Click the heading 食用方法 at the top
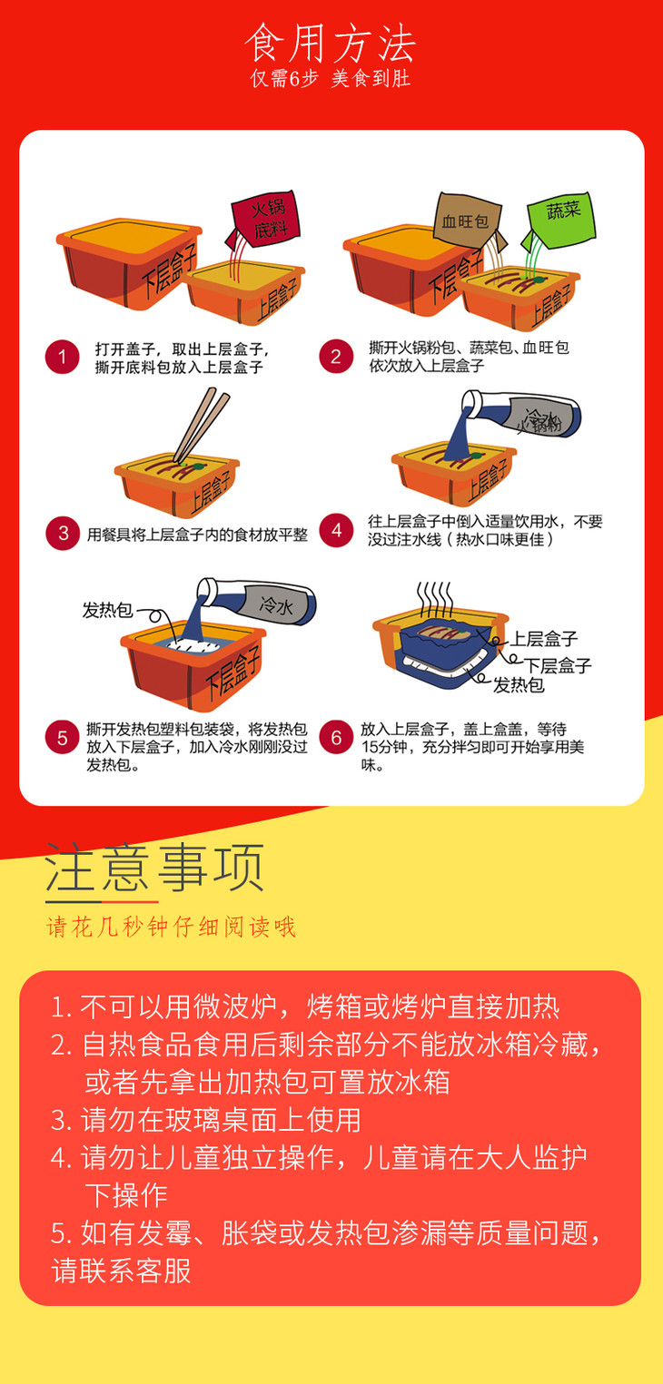click(x=331, y=44)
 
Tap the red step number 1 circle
click(x=62, y=357)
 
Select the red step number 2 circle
click(x=336, y=357)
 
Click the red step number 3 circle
click(x=63, y=533)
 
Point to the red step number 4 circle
click(x=336, y=530)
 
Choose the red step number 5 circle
click(x=62, y=738)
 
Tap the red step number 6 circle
click(x=336, y=737)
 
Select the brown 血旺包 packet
click(x=469, y=221)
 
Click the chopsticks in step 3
click(x=202, y=425)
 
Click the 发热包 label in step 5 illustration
click(x=107, y=611)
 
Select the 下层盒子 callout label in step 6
click(x=558, y=665)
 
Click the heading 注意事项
click(x=154, y=868)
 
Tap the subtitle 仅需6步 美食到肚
click(x=331, y=78)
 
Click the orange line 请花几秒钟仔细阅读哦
click(x=172, y=927)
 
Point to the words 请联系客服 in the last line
click(x=121, y=1271)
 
